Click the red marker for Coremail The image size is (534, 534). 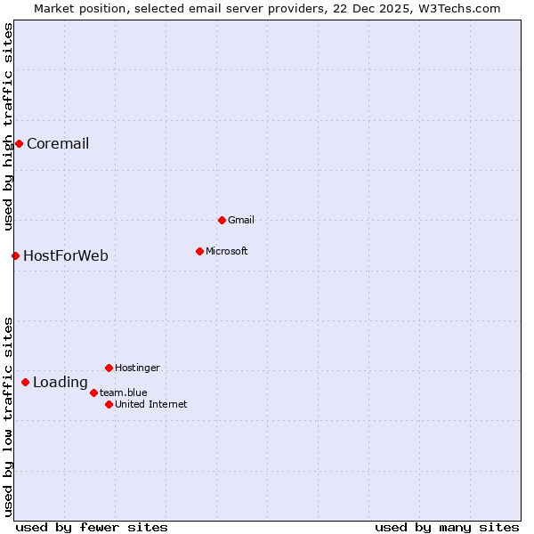19,143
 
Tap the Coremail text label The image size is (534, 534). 58,144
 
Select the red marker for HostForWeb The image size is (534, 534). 15,255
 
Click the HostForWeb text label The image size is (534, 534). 66,256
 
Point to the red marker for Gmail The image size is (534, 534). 222,220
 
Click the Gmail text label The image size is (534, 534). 241,220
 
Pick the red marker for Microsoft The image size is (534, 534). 199,251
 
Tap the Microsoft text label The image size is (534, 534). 227,251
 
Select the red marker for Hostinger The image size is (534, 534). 109,368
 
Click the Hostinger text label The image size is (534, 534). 137,368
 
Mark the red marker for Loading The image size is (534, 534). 25,382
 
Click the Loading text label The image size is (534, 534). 61,384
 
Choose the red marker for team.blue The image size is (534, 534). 93,392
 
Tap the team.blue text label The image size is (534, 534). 124,392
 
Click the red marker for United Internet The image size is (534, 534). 109,404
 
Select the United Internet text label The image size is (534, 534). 151,404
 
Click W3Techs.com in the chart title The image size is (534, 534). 458,9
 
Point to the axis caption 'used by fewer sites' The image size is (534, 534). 92,527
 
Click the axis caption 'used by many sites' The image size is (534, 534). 447,527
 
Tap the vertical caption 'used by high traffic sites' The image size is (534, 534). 9,126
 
